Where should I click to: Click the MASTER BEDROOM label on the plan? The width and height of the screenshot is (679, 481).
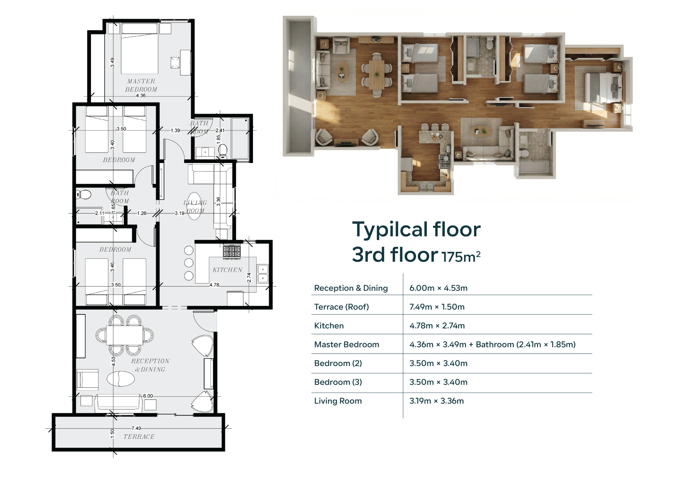[141, 85]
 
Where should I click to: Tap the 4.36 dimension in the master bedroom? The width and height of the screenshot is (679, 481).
[141, 96]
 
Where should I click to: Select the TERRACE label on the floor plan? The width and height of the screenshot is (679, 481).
[139, 437]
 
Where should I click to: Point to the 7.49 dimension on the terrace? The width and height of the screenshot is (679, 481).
[136, 428]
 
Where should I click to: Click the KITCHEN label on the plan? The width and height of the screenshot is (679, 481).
[227, 270]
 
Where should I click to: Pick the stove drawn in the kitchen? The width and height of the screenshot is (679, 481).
[232, 252]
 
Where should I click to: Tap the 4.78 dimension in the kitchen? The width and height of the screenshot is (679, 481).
[214, 285]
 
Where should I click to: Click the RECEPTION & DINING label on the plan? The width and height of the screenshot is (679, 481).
[150, 365]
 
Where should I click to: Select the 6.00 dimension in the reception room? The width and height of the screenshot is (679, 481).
[148, 396]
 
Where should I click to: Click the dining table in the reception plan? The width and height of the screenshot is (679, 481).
[124, 335]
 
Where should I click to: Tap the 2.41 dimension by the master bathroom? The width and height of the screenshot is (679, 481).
[220, 130]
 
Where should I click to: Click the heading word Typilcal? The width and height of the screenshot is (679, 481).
[390, 230]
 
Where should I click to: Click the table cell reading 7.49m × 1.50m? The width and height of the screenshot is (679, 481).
[437, 307]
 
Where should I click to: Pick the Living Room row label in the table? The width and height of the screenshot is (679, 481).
[338, 401]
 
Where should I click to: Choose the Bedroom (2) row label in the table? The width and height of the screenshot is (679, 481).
[338, 363]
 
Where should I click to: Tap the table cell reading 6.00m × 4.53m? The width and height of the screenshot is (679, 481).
[438, 288]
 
